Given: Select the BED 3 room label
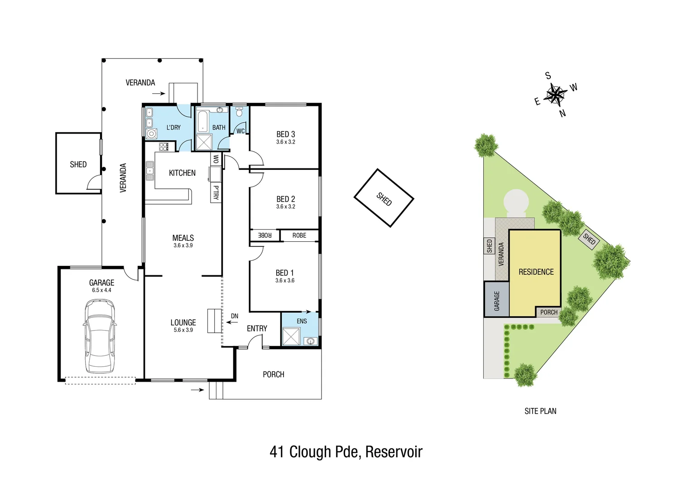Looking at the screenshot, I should coord(286,134).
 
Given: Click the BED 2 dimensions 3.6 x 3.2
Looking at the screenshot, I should coord(286,206).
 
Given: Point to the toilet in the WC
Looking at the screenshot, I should coord(240,111).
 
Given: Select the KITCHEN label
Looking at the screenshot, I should coord(182,173).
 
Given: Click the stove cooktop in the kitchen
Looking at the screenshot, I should coord(164,146).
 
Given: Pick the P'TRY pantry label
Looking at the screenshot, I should coord(216,192).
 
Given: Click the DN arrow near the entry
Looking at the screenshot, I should coord(233,322).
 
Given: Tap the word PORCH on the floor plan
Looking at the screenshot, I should coord(274,374).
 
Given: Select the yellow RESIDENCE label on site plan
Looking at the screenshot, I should coord(536,272).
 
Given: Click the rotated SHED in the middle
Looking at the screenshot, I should coord(384,198).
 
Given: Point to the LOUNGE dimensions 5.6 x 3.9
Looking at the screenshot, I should coord(183,330).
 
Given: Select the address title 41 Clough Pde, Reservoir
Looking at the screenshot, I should coord(346,452).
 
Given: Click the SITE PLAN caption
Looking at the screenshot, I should coord(540,411).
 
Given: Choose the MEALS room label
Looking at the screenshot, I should coord(183,238).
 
